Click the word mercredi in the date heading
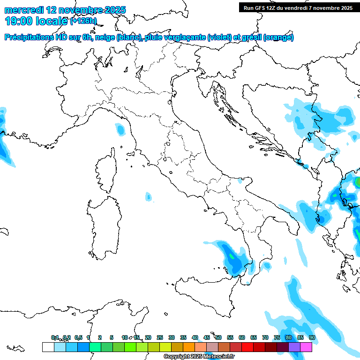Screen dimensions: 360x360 [x=24, y=10]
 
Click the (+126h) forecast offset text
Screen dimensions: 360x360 [x=83, y=21]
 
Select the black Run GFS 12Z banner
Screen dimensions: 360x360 [x=298, y=7]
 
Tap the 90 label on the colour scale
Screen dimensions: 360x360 [x=312, y=337]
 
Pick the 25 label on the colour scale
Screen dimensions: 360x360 [x=160, y=337]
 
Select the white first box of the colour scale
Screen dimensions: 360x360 [x=48, y=347]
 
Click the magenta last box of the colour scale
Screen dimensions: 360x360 [x=306, y=347]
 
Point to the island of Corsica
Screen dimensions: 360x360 [x=106, y=171]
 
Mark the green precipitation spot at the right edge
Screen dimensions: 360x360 [x=358, y=182]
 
